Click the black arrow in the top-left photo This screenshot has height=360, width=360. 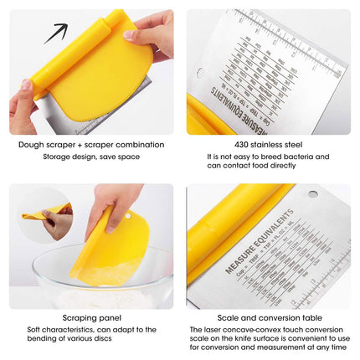pyautogui.click(x=55, y=33)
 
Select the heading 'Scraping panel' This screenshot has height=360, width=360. pyautogui.click(x=91, y=318)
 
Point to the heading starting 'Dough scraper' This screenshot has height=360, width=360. pyautogui.click(x=91, y=144)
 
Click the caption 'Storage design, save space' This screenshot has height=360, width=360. pyautogui.click(x=91, y=156)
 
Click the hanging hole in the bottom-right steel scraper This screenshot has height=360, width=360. pyautogui.click(x=313, y=194)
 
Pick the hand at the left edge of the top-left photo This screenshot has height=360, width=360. pyautogui.click(x=23, y=105)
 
